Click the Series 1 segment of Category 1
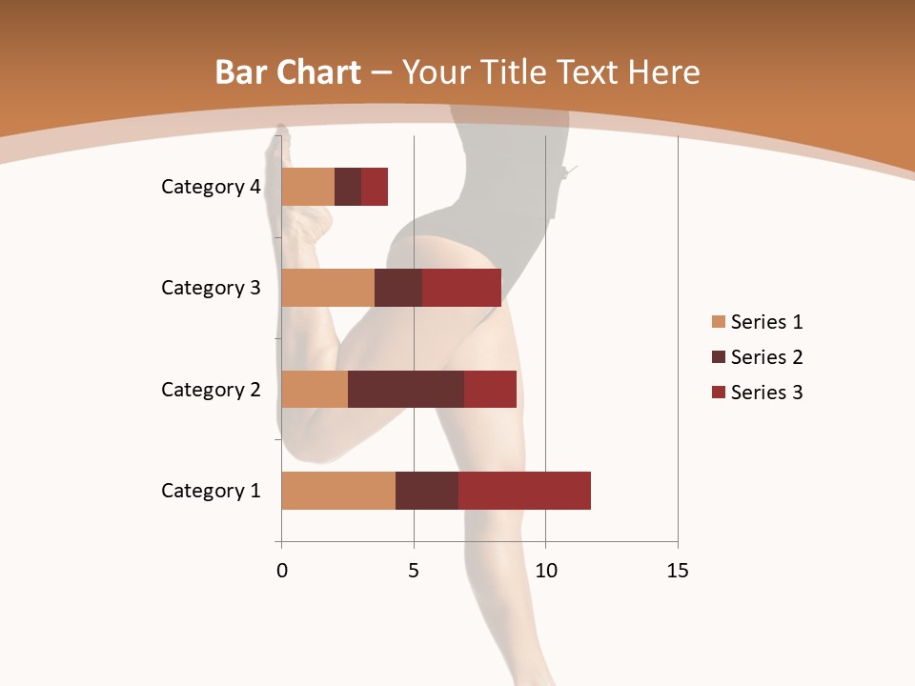coord(338,491)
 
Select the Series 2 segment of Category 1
coord(427,491)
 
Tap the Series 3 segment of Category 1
coord(524,491)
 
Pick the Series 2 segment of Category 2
coord(406,389)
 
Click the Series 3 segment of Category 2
coord(490,389)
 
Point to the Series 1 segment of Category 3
coord(328,288)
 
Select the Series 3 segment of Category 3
coord(461,288)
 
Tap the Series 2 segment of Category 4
coord(348,187)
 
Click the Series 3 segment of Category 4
coord(375,187)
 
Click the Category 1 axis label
coord(211,491)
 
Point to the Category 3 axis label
coord(211,288)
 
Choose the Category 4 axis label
coord(211,187)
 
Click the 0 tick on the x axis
coord(281,571)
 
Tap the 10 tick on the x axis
coord(545,571)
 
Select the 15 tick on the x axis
coord(677,571)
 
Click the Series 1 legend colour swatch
coord(718,322)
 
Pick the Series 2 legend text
coord(766,357)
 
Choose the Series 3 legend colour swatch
coord(718,393)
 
